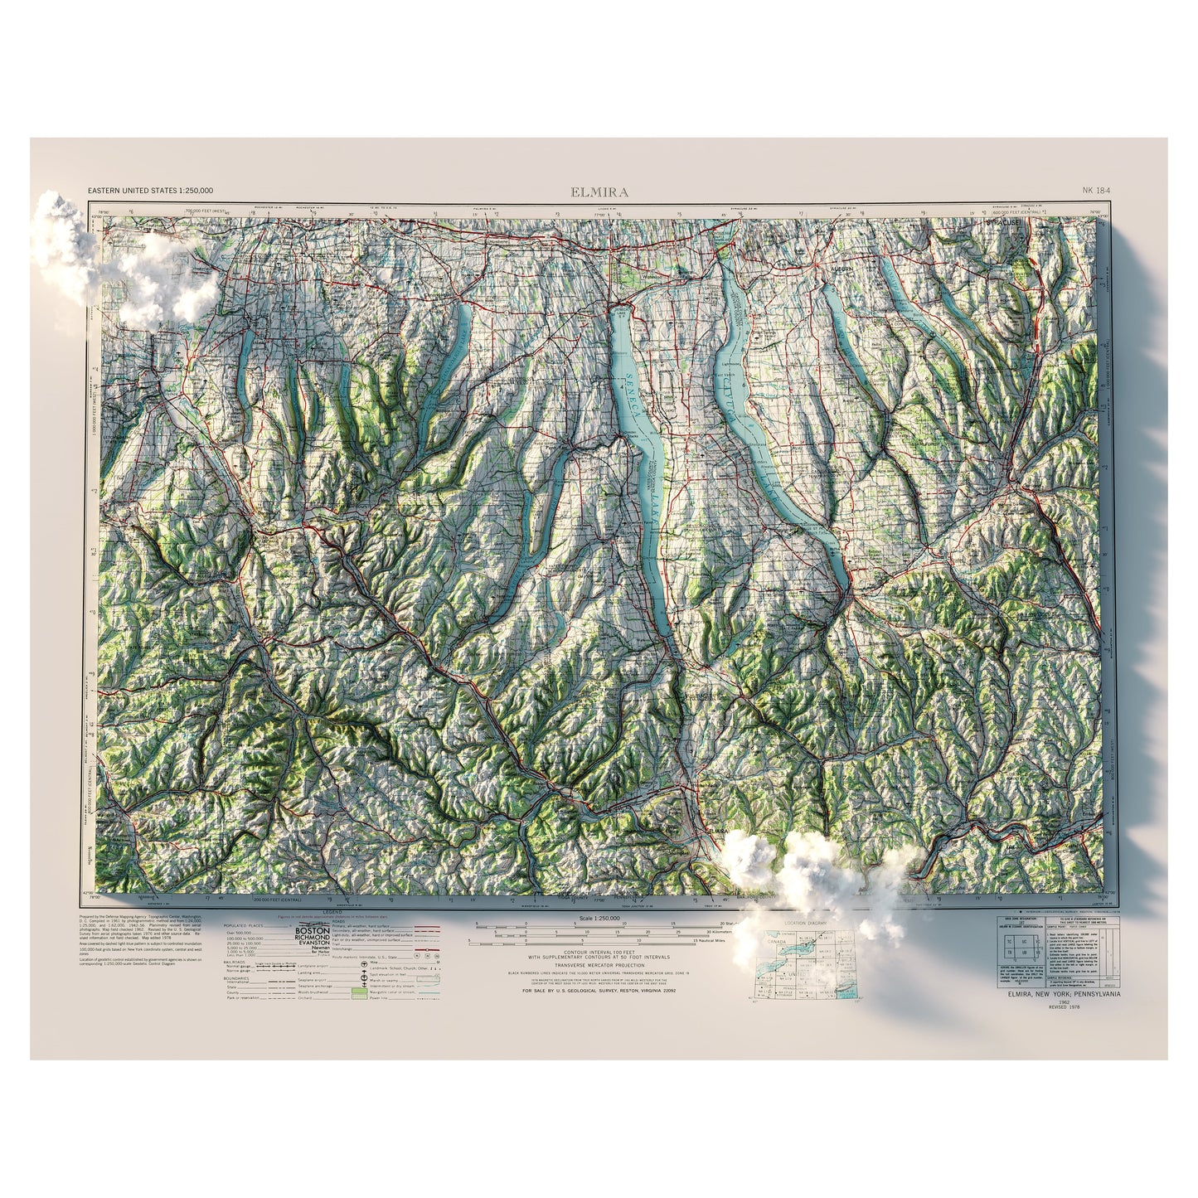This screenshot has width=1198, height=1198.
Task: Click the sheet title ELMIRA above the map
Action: pyautogui.click(x=599, y=192)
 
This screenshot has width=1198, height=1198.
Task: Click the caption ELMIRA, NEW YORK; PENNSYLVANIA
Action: pyautogui.click(x=1064, y=992)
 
